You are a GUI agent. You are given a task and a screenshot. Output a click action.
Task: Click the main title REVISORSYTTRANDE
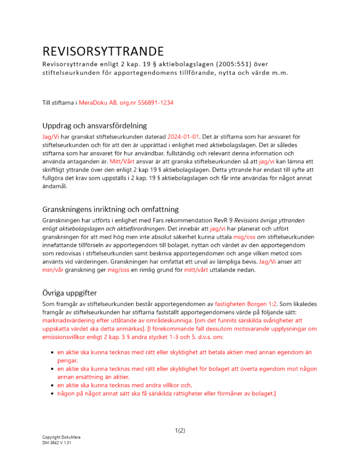click(103, 50)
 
